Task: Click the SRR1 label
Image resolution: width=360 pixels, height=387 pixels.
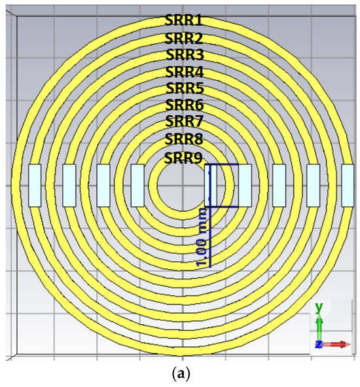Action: coord(183,20)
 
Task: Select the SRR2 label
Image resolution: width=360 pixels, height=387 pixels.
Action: coord(183,38)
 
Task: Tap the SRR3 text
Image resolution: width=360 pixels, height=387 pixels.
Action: coord(185,54)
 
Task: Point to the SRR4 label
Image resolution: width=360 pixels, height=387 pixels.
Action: coord(185,72)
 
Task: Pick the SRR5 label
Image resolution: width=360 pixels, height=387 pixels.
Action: coord(185,88)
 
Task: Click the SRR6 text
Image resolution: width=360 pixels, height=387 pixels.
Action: coord(185,105)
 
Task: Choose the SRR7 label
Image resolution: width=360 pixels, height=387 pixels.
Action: coord(184,121)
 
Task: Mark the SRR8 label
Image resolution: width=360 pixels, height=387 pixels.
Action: coord(184,139)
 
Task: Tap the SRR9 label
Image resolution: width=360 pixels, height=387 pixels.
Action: coord(183,158)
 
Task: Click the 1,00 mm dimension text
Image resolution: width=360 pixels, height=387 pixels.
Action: coord(202,238)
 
